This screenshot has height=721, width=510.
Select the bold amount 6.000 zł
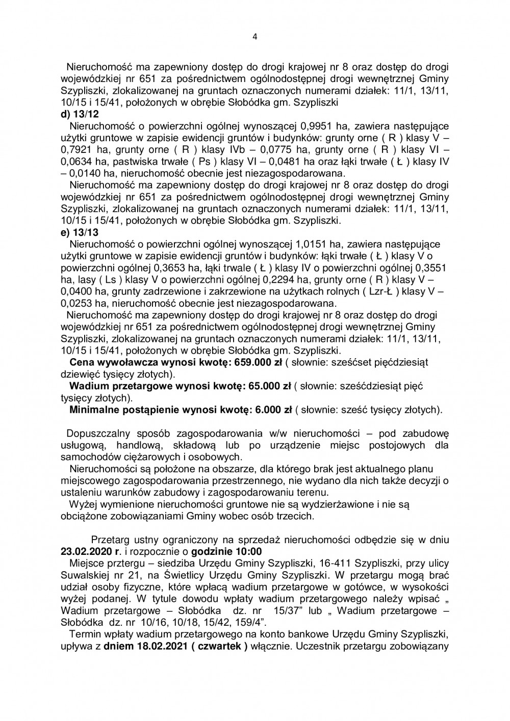pyautogui.click(x=270, y=410)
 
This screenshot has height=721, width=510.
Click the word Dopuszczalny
pyautogui.click(x=95, y=434)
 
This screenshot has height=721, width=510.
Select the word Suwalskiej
pyautogui.click(x=83, y=575)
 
